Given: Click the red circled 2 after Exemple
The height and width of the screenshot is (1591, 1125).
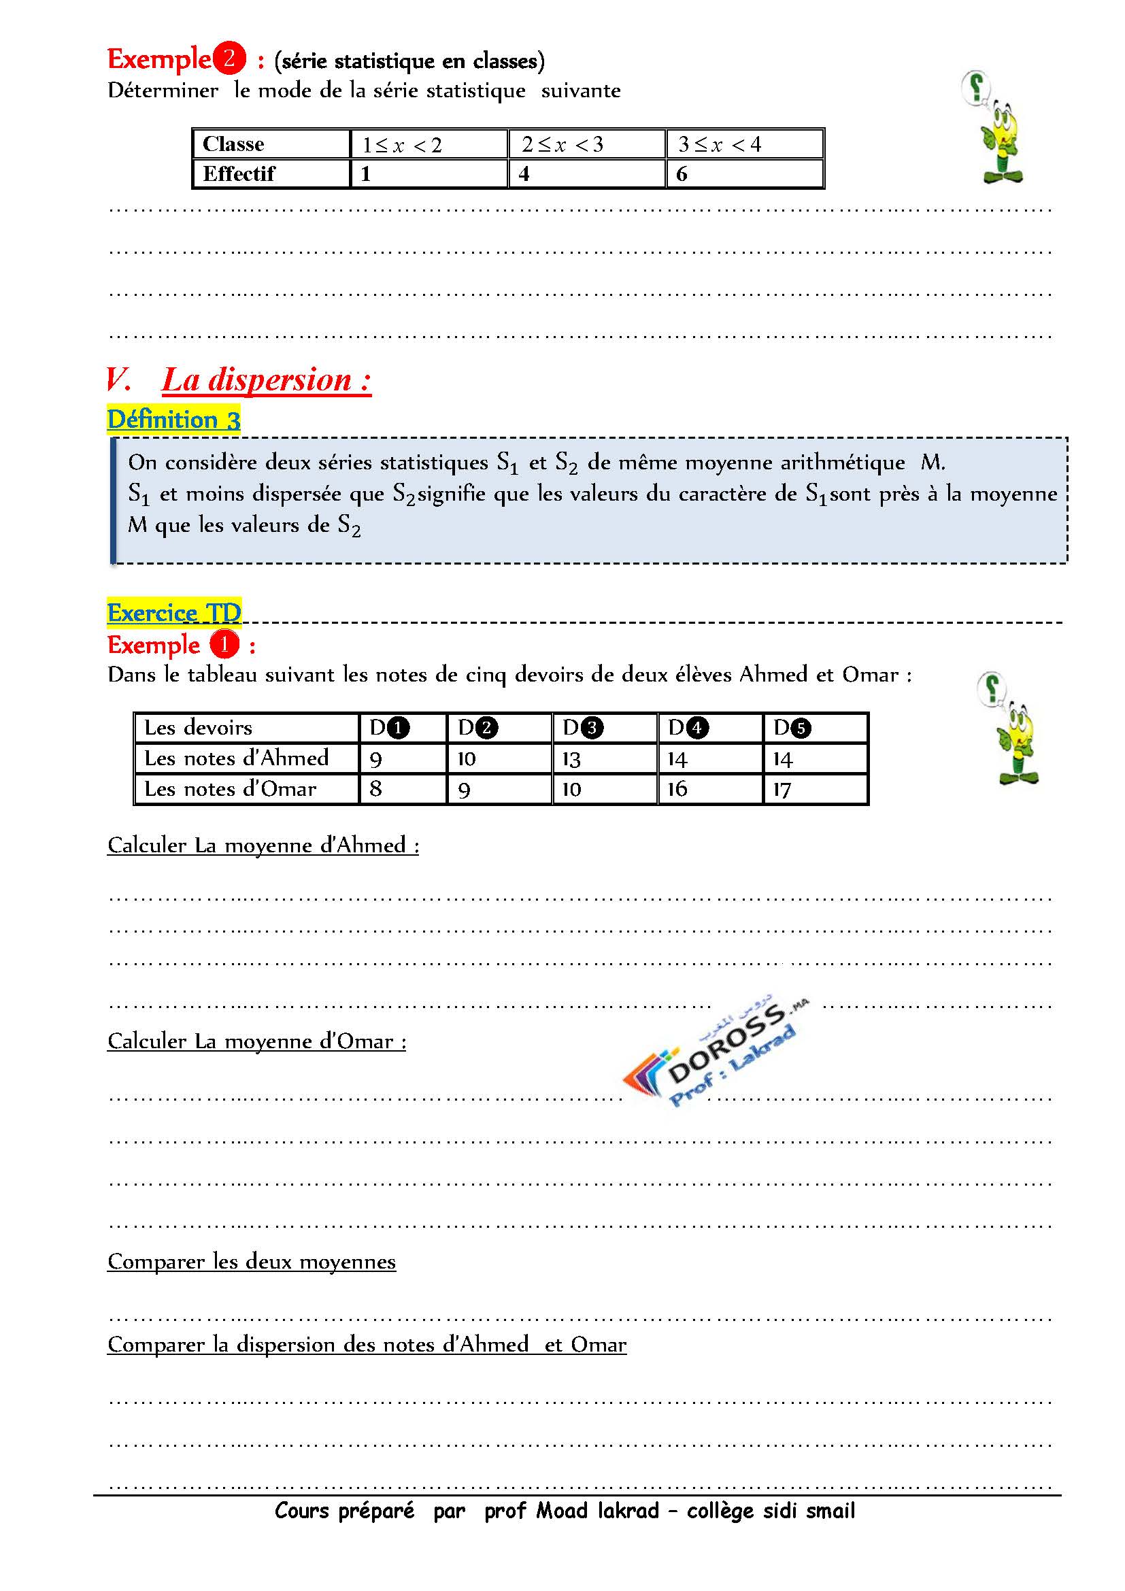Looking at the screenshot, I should tap(229, 58).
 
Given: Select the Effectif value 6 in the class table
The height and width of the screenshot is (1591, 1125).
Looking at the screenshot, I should tap(682, 174).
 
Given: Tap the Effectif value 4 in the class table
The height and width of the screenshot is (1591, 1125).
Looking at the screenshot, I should tap(524, 174).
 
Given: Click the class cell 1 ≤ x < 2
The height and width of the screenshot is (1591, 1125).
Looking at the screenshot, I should tap(402, 145).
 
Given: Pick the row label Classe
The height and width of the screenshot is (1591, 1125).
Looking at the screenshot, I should tap(233, 144).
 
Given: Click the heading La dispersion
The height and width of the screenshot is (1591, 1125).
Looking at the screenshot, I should tap(267, 380).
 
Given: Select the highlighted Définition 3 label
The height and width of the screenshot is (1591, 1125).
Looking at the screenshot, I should tap(174, 419).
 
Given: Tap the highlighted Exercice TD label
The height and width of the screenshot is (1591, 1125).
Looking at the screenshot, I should tap(174, 612).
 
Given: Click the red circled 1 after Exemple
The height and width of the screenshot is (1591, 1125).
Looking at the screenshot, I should tap(224, 644).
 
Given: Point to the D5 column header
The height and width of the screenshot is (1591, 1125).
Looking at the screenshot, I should tap(792, 728).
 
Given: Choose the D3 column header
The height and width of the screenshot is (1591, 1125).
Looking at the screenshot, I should tap(583, 728).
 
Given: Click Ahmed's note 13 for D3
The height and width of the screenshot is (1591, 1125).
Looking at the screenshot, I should tap(571, 760).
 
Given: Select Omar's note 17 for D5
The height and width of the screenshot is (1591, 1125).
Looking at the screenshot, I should tap(782, 789).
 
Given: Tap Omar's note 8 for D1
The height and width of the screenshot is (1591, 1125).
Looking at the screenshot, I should tap(375, 788).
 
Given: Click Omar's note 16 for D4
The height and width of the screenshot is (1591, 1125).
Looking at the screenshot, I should tap(677, 788).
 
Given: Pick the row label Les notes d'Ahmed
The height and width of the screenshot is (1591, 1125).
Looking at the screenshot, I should tap(236, 758).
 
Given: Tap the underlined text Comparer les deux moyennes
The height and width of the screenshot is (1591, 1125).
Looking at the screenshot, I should tap(252, 1261).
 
